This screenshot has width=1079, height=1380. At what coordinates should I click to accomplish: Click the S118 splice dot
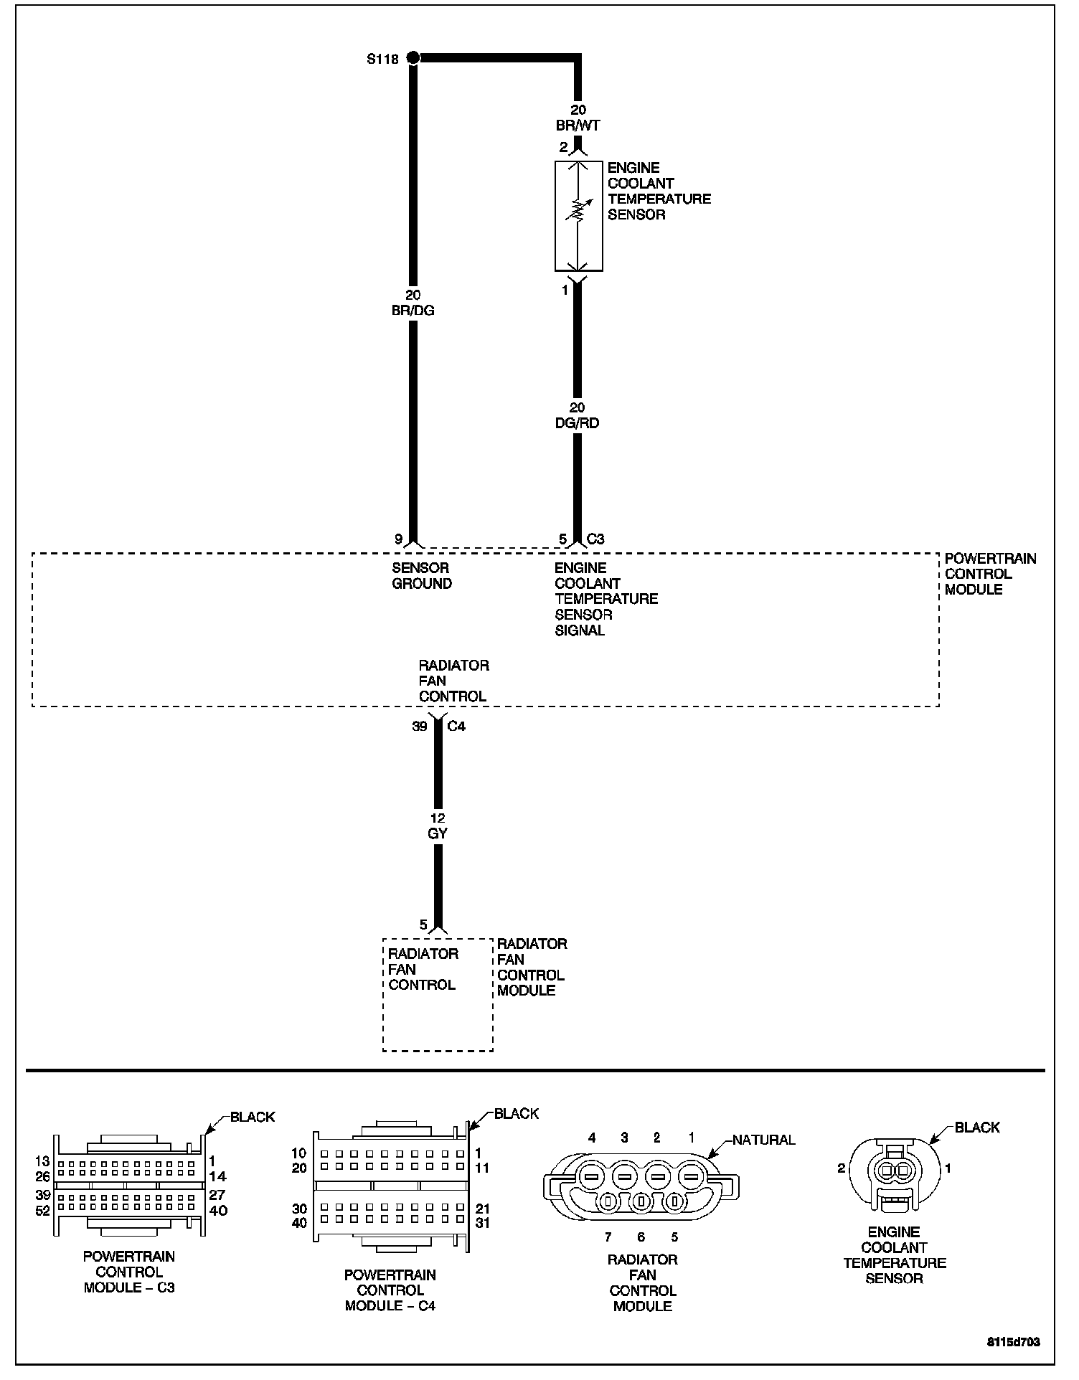pos(413,57)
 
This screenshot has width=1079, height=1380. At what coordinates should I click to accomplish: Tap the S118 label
pos(382,60)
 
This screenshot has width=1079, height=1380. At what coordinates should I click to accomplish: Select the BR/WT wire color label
pos(578,126)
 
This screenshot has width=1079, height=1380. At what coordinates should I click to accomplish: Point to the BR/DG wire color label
pos(413,311)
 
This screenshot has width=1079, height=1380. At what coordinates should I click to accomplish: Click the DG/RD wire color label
pos(578,423)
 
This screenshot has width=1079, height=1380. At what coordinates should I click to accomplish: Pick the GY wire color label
pos(438,833)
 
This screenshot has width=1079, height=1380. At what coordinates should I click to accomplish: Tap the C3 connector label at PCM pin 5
pos(596,539)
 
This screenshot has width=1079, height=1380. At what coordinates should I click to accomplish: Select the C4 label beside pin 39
pos(456,727)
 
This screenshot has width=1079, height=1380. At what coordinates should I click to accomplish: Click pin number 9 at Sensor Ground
pos(398,539)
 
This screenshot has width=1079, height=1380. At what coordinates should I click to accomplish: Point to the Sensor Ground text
pos(422,576)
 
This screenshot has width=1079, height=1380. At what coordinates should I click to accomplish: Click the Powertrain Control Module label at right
pos(990,574)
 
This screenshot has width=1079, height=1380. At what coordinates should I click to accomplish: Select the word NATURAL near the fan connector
pos(764,1140)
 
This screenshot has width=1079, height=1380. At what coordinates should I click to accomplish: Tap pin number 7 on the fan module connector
pos(607,1237)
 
